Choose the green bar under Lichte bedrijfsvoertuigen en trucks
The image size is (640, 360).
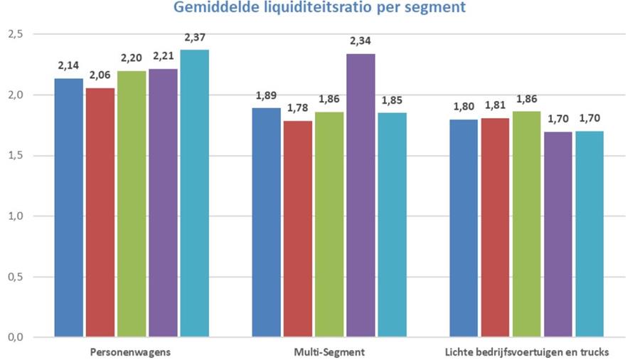click(527, 224)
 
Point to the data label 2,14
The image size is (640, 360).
click(69, 65)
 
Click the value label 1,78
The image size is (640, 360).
click(298, 109)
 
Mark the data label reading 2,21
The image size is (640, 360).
click(164, 56)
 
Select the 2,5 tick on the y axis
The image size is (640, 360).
click(15, 34)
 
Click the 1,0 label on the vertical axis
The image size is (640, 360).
click(15, 216)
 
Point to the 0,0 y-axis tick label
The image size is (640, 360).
click(15, 337)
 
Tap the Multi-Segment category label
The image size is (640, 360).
click(329, 351)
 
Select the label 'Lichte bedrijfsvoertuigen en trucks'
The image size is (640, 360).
click(527, 351)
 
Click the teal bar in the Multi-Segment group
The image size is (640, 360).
click(392, 225)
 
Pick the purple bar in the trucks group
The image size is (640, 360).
click(558, 234)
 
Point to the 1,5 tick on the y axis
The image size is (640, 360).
click(15, 156)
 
